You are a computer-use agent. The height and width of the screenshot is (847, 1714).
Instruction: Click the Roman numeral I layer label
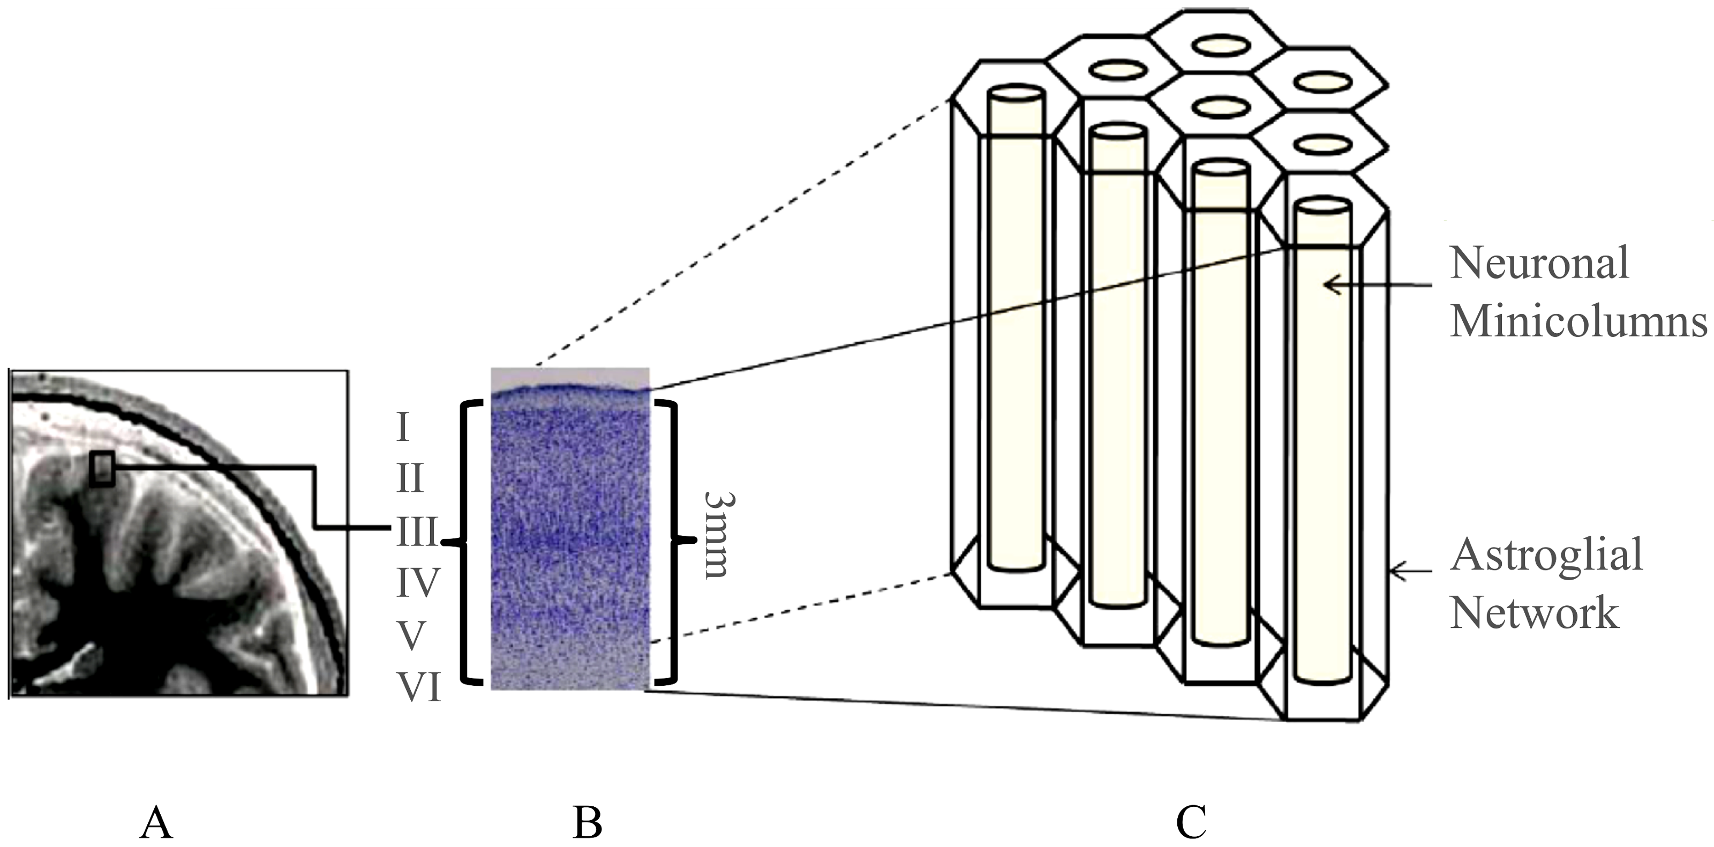402,426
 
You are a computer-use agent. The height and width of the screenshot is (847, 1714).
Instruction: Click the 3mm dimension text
717,535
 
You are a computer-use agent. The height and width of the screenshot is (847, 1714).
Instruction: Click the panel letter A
156,822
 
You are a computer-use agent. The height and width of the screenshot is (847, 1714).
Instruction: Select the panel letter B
587,822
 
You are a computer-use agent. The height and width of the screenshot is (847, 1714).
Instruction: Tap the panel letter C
1191,822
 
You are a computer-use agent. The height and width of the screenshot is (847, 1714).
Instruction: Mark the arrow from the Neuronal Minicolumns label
1377,286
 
